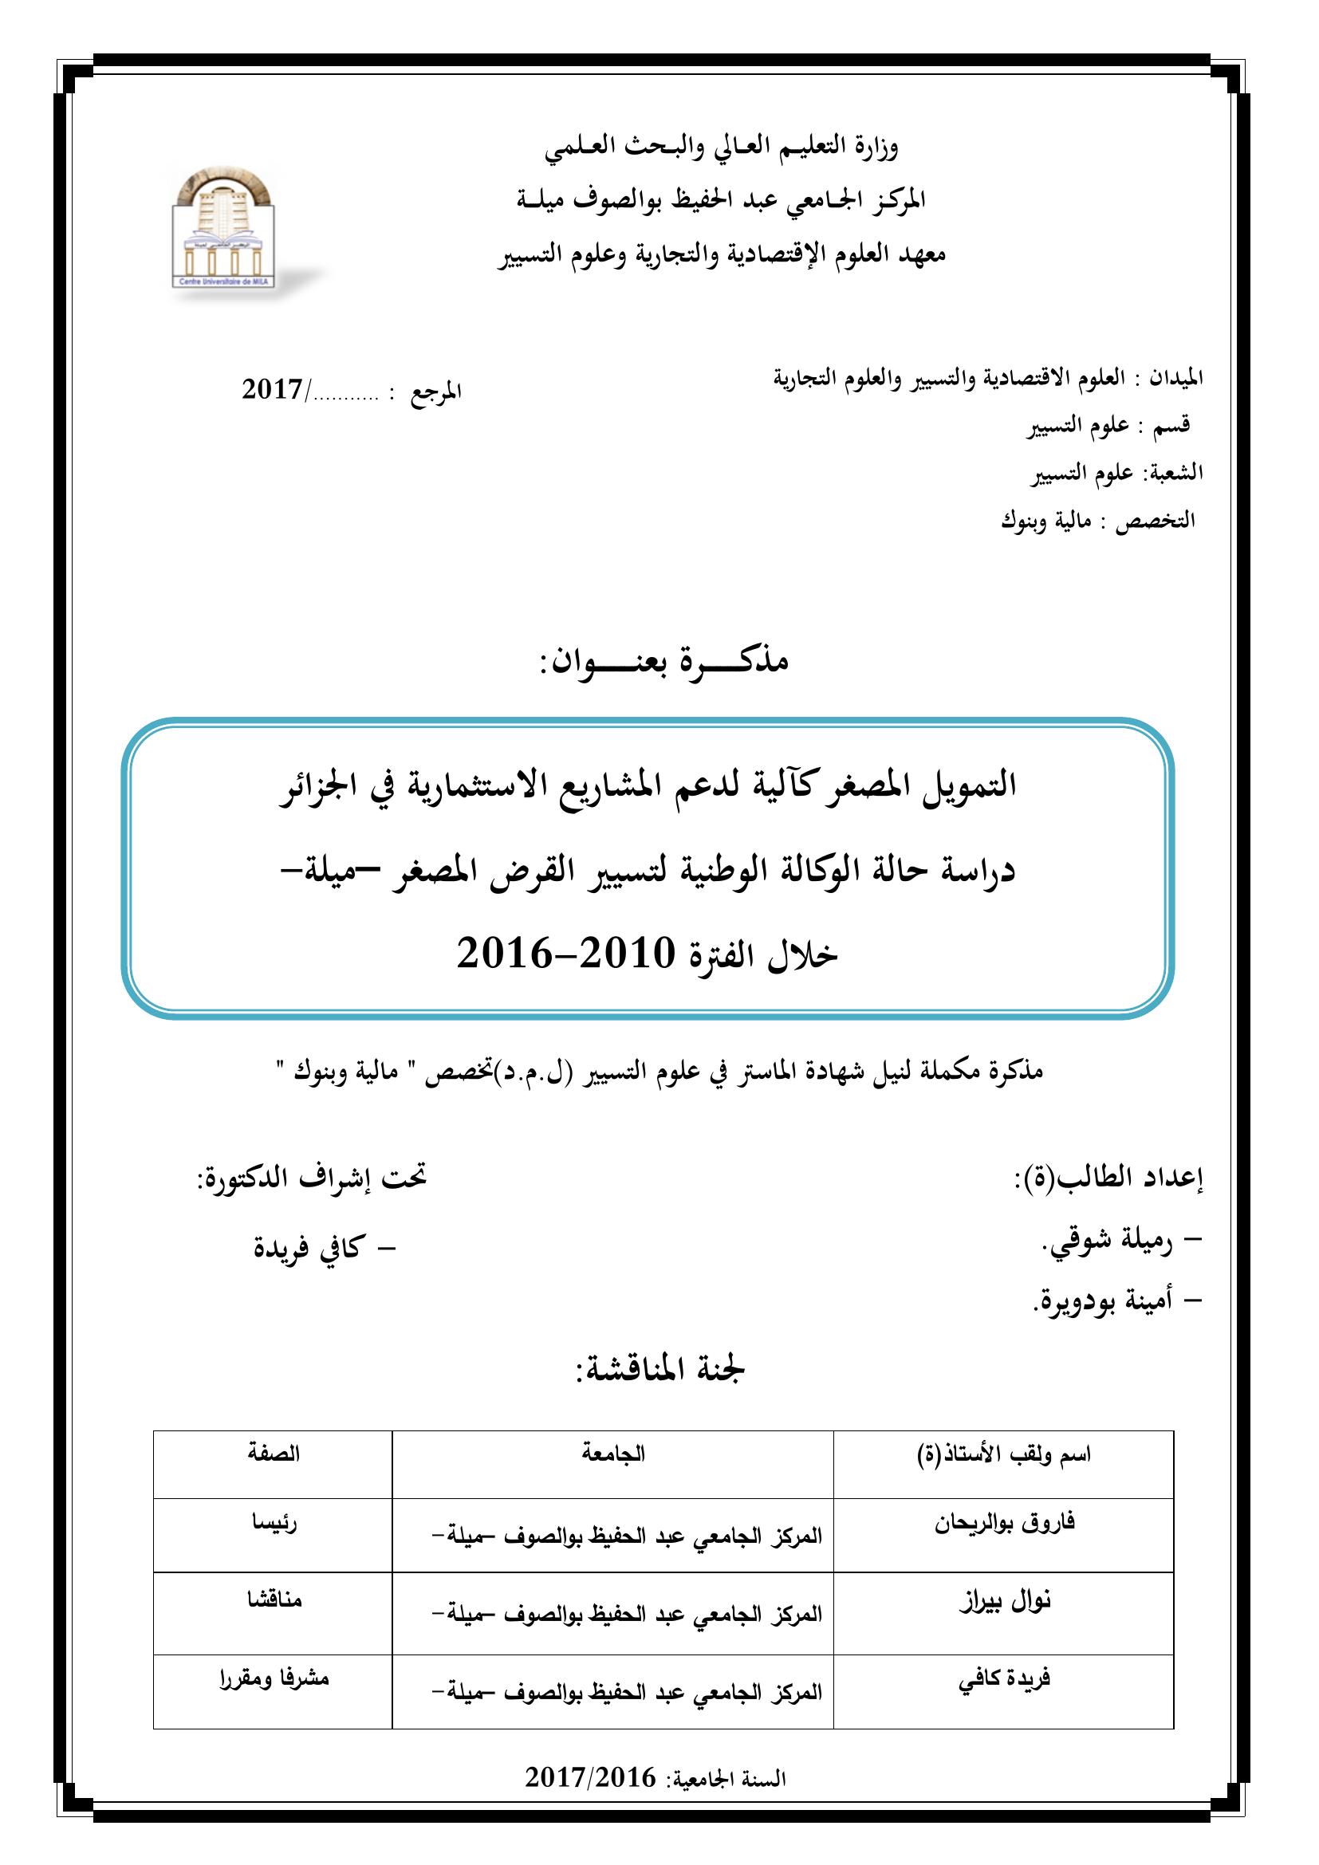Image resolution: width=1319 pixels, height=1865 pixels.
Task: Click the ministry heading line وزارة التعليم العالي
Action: [x=721, y=148]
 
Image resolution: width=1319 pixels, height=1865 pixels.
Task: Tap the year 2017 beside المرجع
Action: [x=273, y=390]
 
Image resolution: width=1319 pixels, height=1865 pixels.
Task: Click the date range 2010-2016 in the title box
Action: [x=565, y=954]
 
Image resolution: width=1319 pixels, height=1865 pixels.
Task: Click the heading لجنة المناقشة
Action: [x=660, y=1370]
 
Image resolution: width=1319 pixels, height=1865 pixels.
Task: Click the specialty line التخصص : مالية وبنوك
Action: [x=1097, y=521]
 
